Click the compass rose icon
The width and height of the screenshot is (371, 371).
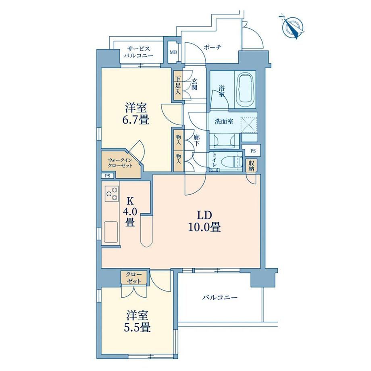(x=292, y=27)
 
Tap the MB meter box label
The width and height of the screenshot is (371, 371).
(x=173, y=52)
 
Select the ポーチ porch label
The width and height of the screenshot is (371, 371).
(x=212, y=47)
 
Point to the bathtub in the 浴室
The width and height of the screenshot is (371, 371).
(x=245, y=90)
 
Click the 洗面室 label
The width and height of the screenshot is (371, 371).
(x=224, y=122)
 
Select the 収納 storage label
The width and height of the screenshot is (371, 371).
(x=251, y=166)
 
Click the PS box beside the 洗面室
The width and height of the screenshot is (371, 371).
(x=253, y=151)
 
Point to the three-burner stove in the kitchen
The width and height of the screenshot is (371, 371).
(x=112, y=194)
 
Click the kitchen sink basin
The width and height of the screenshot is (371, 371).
(x=111, y=232)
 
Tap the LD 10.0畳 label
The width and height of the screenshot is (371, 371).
(x=205, y=221)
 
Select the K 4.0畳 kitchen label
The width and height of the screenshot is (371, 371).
(x=130, y=212)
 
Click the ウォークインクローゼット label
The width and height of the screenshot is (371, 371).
(x=120, y=163)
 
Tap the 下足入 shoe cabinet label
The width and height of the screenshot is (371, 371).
(x=178, y=85)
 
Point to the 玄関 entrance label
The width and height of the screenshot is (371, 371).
(x=194, y=84)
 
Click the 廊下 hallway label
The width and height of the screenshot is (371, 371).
(x=196, y=140)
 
